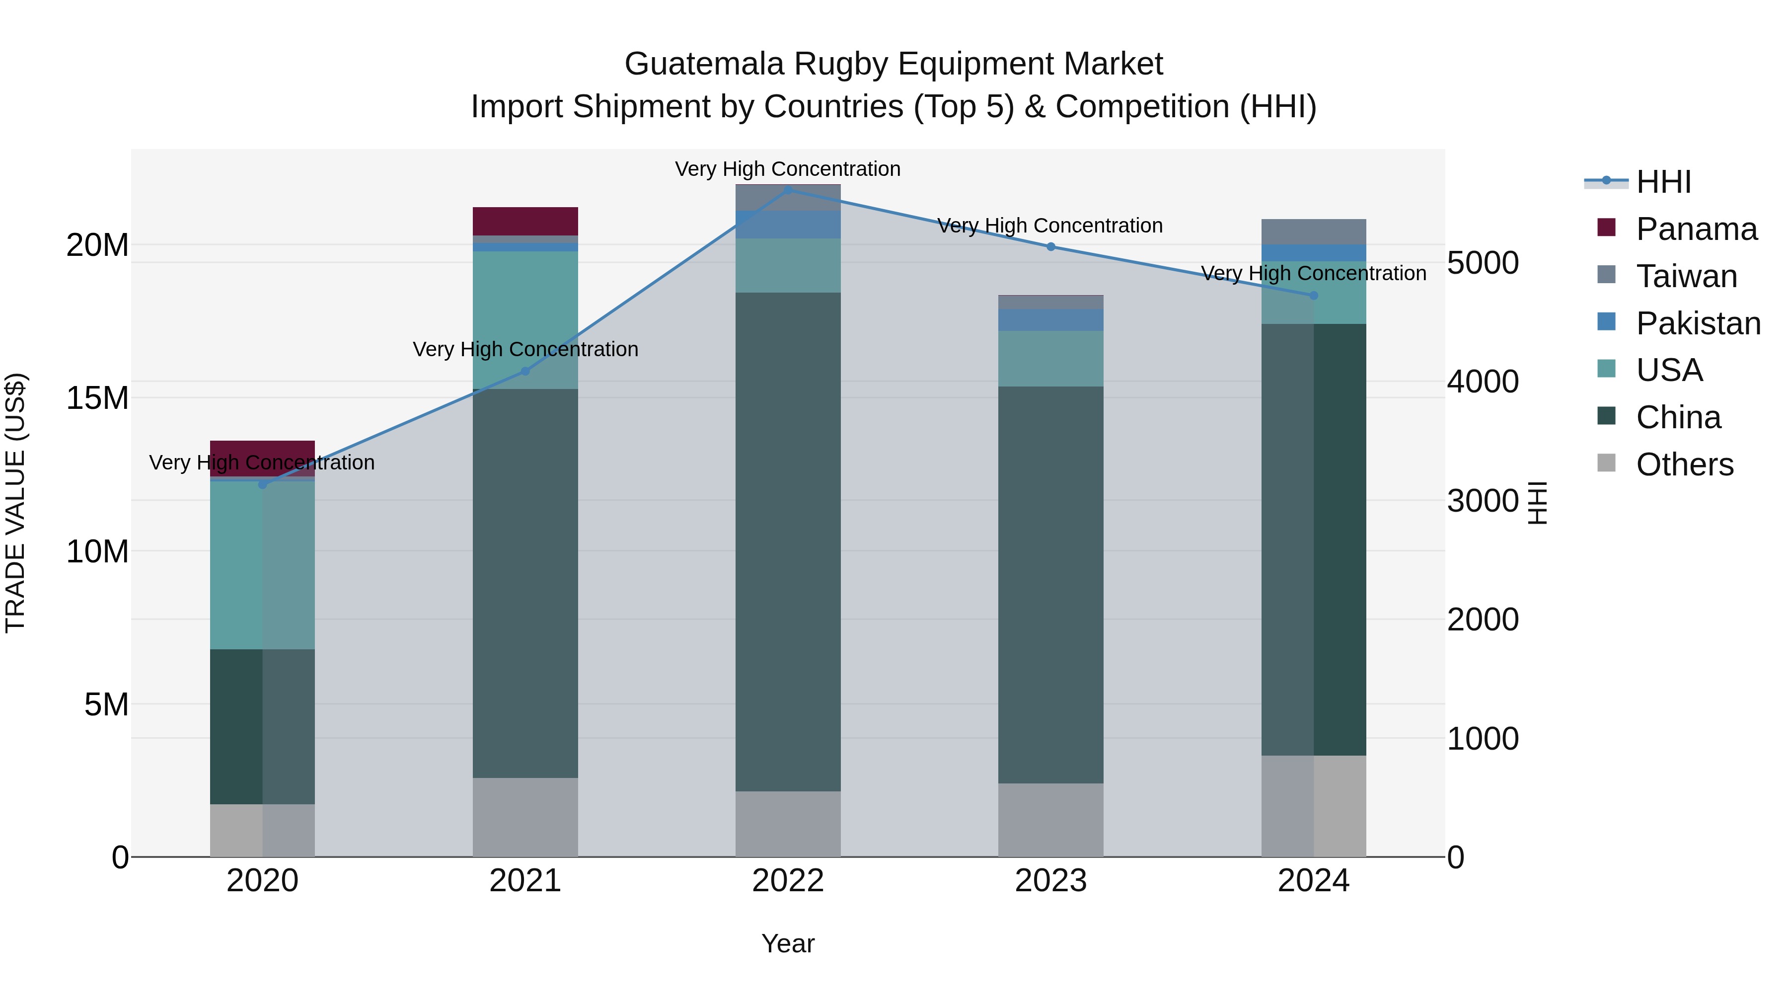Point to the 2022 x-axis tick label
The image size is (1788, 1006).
(788, 881)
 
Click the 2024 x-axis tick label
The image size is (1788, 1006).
(1313, 881)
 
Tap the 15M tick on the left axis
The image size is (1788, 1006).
(97, 398)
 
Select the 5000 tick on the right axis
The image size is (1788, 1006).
(1483, 263)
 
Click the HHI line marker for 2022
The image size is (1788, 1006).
(788, 190)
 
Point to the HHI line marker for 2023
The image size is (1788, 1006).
(1050, 246)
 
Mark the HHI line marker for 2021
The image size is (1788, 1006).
(525, 372)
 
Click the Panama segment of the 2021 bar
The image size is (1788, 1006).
(525, 221)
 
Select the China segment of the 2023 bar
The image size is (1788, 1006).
(1050, 583)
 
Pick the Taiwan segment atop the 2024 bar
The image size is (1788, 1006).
(1313, 231)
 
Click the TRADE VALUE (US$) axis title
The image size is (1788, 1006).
(15, 503)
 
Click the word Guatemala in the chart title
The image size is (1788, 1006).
(704, 64)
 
